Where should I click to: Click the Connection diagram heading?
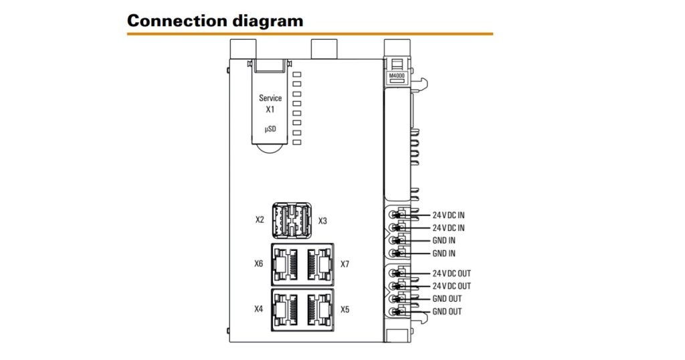tap(215, 20)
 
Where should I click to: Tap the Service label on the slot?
tap(270, 98)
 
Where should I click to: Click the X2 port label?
tap(260, 220)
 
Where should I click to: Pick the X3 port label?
tap(322, 220)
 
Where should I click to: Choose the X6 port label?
tap(259, 264)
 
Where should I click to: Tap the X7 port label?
tap(345, 264)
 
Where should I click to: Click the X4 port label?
tap(259, 309)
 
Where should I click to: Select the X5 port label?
tap(345, 309)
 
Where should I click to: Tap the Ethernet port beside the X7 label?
tap(320, 264)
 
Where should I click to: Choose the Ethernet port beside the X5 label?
tap(320, 309)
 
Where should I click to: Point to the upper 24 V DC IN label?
tap(448, 215)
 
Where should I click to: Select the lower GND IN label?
tap(444, 254)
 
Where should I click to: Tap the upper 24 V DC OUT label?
tap(452, 274)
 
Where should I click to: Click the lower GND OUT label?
tap(447, 312)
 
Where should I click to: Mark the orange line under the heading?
tap(310, 33)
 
